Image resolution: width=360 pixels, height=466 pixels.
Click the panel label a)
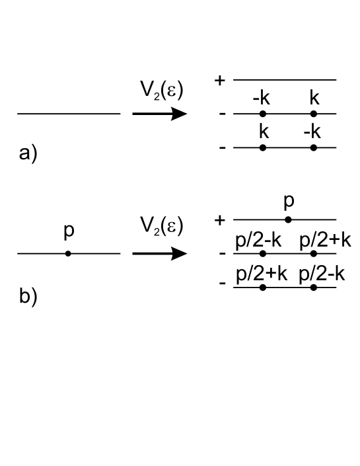click(x=28, y=154)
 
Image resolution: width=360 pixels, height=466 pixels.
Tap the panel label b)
click(x=28, y=295)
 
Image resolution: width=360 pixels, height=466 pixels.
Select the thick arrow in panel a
click(x=159, y=114)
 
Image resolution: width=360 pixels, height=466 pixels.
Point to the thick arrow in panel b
click(x=159, y=253)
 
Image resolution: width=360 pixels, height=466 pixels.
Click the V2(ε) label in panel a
click(x=162, y=88)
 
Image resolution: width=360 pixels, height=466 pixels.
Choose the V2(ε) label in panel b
click(x=162, y=227)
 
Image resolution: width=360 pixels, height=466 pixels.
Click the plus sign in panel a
click(x=220, y=80)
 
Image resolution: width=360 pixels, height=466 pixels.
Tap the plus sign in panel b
click(x=220, y=219)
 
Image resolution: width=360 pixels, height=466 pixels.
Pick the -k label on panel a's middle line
click(x=261, y=99)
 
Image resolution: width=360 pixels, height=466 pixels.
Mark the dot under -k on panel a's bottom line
click(x=314, y=147)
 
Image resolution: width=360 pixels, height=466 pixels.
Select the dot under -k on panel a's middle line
click(x=263, y=114)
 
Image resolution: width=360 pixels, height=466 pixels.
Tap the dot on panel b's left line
click(x=68, y=253)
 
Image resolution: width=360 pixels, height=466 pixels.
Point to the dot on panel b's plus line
click(x=288, y=219)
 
